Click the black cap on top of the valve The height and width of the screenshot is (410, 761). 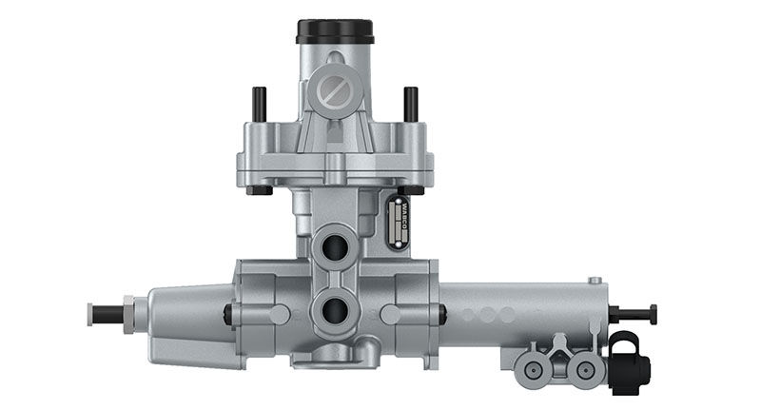tap(335, 31)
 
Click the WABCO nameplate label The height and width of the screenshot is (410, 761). tap(400, 222)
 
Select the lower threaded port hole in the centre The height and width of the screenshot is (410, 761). tap(335, 309)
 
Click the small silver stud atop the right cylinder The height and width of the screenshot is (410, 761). tap(595, 281)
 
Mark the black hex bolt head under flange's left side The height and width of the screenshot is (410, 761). tap(259, 191)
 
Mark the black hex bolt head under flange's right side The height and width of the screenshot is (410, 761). tap(411, 191)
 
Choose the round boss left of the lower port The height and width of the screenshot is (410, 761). tap(278, 313)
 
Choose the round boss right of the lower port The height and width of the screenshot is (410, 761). tap(391, 313)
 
